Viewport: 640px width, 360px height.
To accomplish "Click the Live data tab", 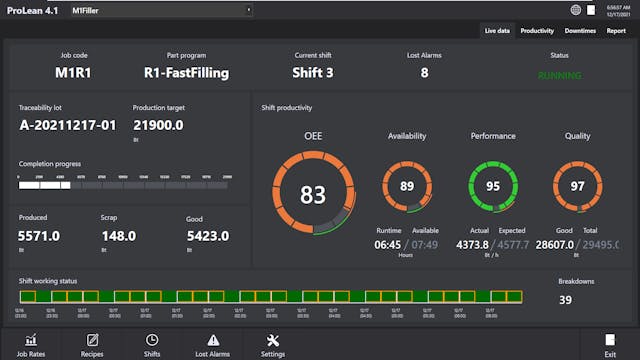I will click(497, 31).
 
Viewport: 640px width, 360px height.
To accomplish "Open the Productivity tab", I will click(537, 31).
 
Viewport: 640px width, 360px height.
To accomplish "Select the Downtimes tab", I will click(580, 31).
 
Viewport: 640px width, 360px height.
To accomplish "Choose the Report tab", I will click(616, 31).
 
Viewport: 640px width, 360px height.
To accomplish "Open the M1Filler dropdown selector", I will click(160, 10).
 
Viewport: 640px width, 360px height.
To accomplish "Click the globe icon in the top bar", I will click(576, 10).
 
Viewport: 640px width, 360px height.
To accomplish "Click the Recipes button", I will click(92, 345).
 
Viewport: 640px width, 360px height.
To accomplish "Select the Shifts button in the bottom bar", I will click(152, 345).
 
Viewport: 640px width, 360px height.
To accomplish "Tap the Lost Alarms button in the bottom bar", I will click(213, 345).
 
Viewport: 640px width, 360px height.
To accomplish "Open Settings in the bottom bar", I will click(273, 345).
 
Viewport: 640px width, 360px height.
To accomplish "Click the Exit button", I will click(610, 345).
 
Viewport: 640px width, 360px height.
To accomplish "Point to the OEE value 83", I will click(313, 194).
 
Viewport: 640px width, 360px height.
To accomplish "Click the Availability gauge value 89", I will click(406, 186).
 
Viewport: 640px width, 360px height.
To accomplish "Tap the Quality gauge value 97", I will click(577, 186).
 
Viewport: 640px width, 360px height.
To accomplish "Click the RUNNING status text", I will click(559, 75).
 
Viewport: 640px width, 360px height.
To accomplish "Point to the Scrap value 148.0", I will click(118, 236).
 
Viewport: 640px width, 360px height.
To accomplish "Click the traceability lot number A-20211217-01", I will click(67, 125).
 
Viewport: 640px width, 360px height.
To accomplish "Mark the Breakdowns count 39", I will click(565, 300).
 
